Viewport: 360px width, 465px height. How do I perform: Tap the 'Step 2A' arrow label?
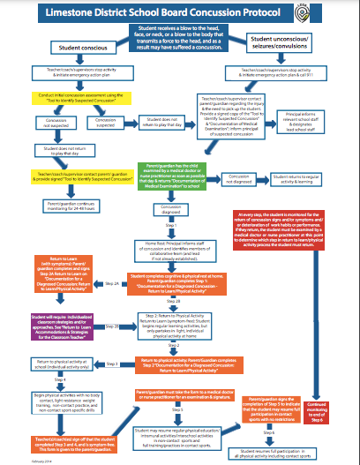(112, 283)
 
